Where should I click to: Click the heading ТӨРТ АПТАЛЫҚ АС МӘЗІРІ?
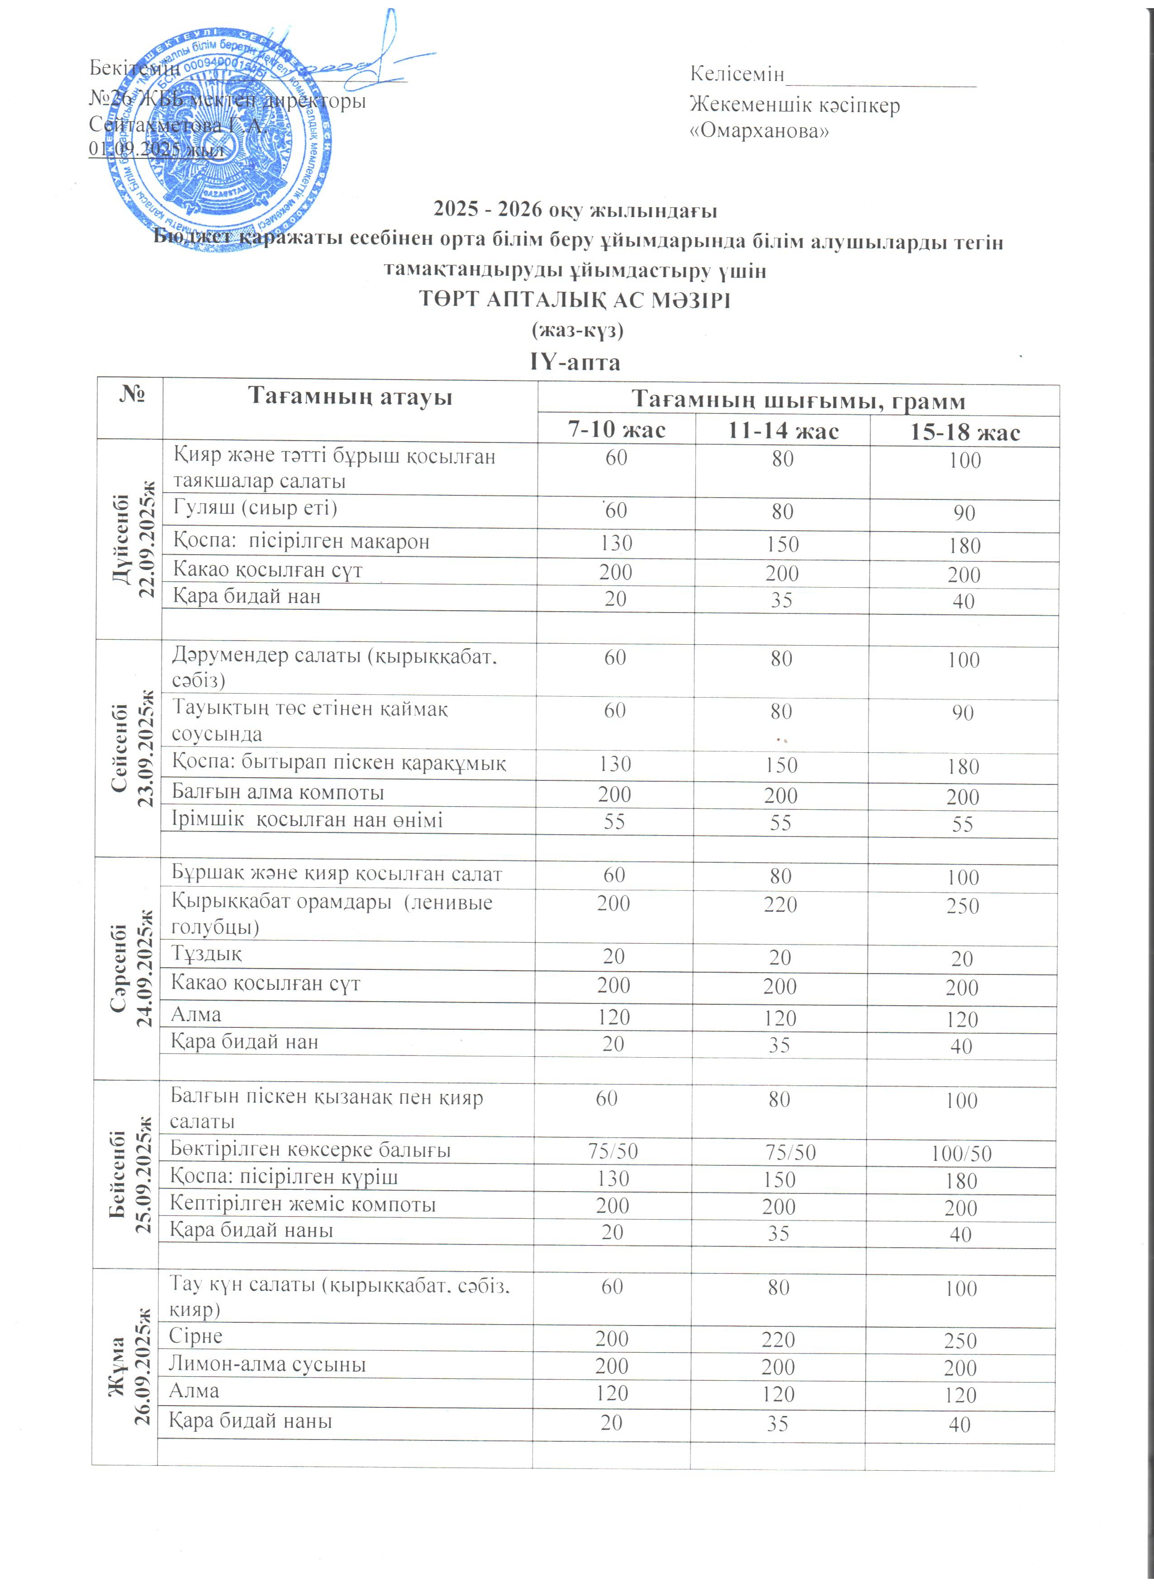[575, 300]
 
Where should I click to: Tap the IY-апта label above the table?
[575, 362]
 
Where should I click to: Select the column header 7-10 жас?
[616, 429]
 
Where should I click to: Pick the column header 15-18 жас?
[964, 432]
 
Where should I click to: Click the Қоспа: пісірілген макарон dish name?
[301, 542]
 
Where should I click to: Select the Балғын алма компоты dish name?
[278, 792]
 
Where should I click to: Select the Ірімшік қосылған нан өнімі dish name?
[306, 819]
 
